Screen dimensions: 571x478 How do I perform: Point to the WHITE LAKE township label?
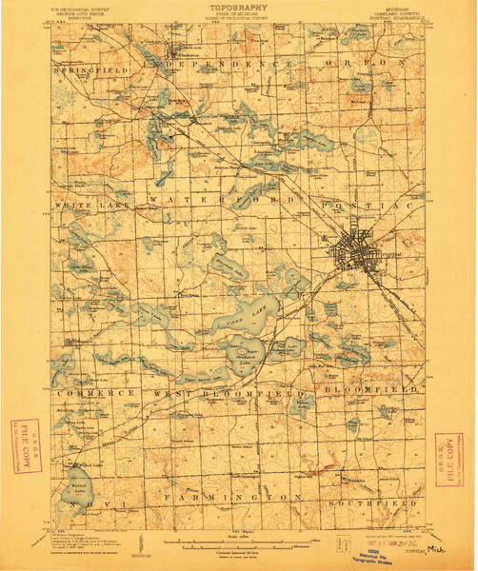coord(90,205)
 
